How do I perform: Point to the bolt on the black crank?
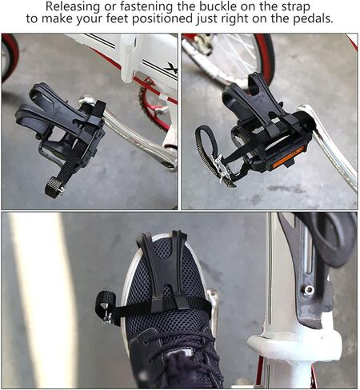[x=308, y=290]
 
